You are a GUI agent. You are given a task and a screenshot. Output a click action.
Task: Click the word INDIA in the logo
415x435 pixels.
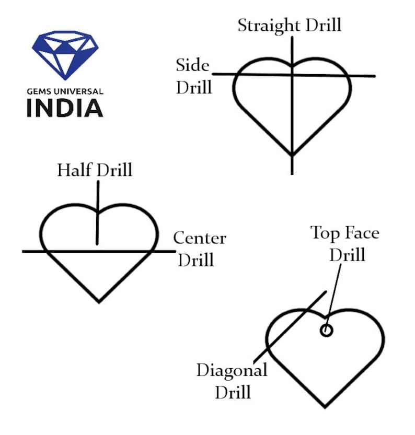(65, 107)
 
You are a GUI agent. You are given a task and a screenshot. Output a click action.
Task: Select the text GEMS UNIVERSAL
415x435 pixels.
(65, 91)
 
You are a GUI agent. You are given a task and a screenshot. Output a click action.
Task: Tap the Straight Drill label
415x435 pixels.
(289, 25)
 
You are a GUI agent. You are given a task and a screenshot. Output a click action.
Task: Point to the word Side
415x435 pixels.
(192, 66)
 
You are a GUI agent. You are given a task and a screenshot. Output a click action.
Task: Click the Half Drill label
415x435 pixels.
(95, 170)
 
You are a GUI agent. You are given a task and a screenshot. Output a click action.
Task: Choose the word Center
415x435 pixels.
(200, 239)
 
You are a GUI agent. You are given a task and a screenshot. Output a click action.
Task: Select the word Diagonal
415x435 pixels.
(232, 371)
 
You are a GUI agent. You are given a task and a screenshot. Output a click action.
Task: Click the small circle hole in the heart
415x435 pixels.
(327, 330)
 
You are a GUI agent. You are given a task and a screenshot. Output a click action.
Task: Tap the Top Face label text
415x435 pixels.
(345, 233)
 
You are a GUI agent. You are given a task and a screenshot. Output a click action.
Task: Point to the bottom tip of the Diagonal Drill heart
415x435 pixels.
(325, 406)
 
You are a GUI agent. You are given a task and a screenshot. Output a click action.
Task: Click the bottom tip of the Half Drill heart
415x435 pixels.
(99, 301)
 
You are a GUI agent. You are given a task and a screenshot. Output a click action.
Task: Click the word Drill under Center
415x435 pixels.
(197, 260)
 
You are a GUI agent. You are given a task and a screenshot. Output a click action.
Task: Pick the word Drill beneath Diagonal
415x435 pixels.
(233, 392)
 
